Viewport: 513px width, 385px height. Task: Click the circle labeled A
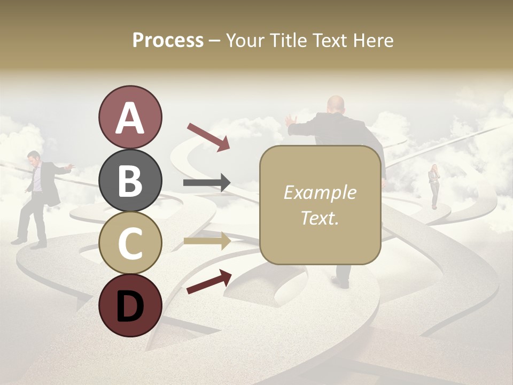point(130,117)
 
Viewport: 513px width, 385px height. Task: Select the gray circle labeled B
point(130,180)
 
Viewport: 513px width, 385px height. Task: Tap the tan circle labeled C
point(130,243)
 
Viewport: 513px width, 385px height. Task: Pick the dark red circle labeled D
point(130,305)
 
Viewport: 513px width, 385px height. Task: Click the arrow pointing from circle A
point(208,137)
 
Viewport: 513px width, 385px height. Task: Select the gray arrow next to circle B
point(207,183)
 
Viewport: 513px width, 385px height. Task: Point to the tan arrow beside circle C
point(207,241)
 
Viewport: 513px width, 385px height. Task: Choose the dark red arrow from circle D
point(209,282)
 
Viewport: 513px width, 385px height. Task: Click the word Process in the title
point(168,40)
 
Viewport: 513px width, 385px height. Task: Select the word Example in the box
point(320,192)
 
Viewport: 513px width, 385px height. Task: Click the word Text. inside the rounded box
point(320,218)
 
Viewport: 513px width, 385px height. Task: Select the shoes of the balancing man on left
point(29,243)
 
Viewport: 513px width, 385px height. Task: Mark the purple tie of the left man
point(36,179)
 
